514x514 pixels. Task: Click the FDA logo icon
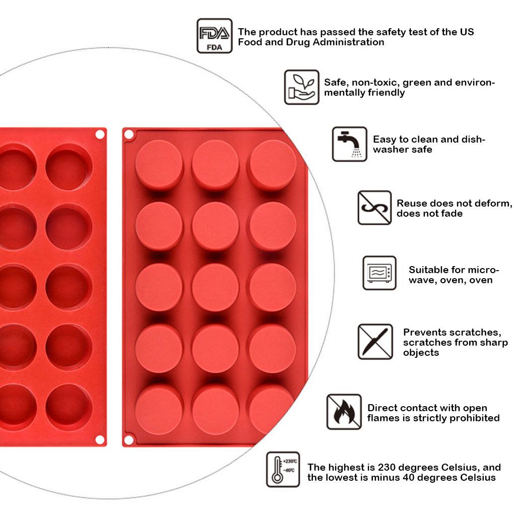tap(214, 36)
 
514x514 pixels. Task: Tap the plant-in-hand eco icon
tap(301, 87)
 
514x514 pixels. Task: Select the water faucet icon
tap(349, 144)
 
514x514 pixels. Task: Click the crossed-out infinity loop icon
tap(374, 208)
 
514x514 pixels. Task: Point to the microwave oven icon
tap(379, 273)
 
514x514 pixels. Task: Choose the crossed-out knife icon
tap(375, 342)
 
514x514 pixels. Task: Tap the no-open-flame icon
tap(344, 412)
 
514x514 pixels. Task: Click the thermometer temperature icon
tap(283, 470)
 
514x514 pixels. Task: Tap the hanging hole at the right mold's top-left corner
tap(129, 135)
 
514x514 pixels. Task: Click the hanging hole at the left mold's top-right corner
tap(100, 135)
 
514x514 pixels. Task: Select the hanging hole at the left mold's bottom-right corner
tap(100, 440)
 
